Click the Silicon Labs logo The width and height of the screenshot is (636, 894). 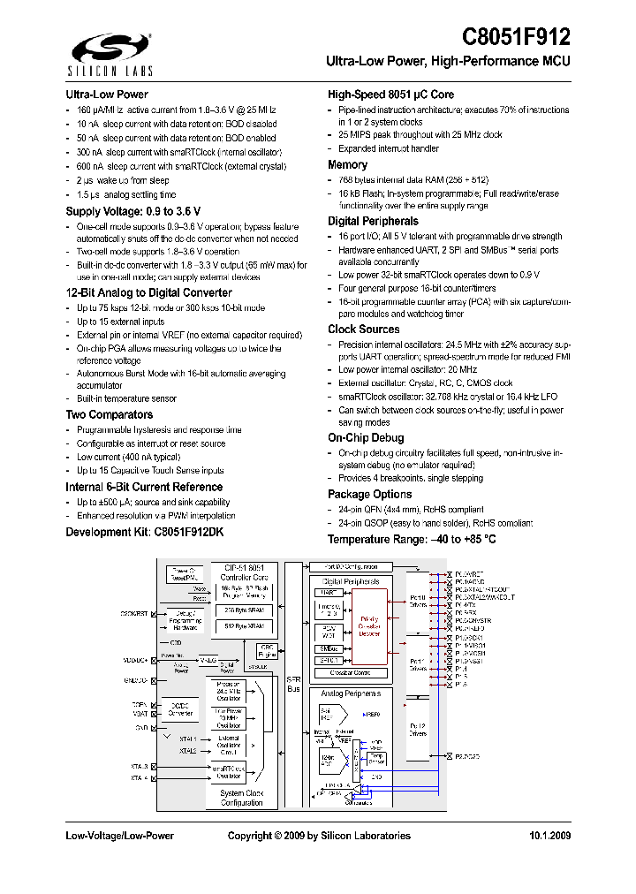click(x=99, y=53)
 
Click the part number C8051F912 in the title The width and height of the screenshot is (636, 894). click(x=517, y=37)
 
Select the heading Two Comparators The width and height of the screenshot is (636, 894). click(x=109, y=414)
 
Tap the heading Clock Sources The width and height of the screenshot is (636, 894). click(x=363, y=330)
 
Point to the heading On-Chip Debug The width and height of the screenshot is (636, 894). click(x=366, y=437)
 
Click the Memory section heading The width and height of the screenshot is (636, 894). click(x=347, y=165)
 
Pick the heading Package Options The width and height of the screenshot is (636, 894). click(x=369, y=495)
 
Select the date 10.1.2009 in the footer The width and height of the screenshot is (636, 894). click(x=549, y=836)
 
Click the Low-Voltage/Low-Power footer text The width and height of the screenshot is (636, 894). click(x=119, y=836)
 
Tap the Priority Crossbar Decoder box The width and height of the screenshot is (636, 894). click(x=369, y=626)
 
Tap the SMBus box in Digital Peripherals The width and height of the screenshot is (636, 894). click(x=328, y=648)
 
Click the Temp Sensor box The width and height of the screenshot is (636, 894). click(x=375, y=756)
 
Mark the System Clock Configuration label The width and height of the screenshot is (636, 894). click(x=241, y=798)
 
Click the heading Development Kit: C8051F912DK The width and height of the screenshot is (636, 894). click(x=145, y=532)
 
